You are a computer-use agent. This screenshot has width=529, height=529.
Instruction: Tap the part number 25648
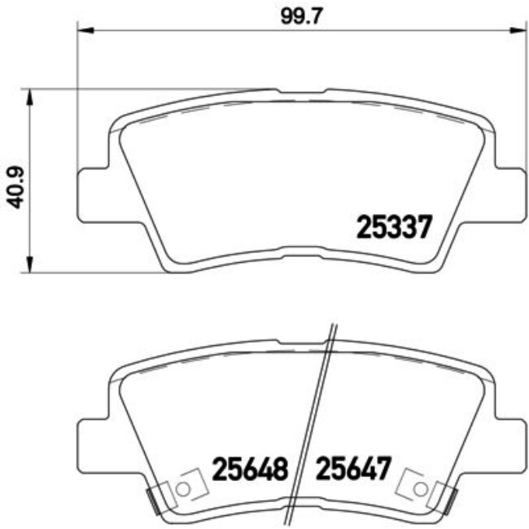pyautogui.click(x=251, y=470)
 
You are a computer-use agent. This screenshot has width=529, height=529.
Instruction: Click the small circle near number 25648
pyautogui.click(x=183, y=488)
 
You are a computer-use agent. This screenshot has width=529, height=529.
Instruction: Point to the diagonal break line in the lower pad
pyautogui.click(x=319, y=423)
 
